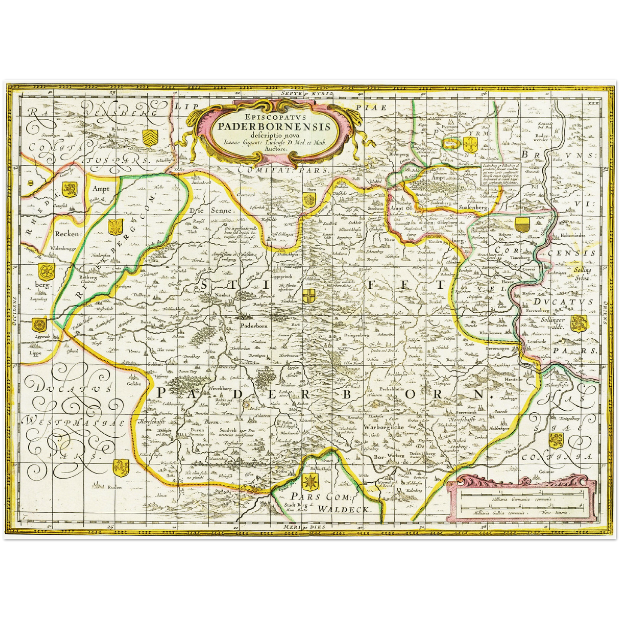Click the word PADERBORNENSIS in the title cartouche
274,127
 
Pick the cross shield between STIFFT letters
308,296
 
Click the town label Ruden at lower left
115,487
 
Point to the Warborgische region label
383,427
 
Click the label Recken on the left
68,234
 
